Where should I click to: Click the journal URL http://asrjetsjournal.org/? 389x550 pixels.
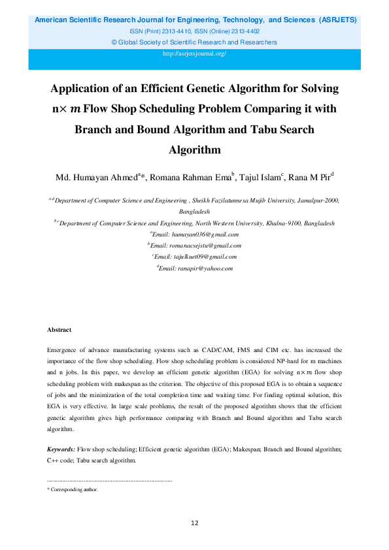[x=194, y=54]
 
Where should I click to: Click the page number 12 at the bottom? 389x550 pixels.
[x=194, y=523]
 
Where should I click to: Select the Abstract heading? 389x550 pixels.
[x=59, y=330]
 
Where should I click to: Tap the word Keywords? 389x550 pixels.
[x=61, y=451]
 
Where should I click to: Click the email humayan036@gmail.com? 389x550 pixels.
[x=204, y=234]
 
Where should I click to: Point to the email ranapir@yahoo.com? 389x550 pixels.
[x=205, y=268]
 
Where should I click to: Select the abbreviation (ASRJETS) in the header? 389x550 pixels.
[x=335, y=20]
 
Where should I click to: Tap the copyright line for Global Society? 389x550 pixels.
[x=194, y=42]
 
